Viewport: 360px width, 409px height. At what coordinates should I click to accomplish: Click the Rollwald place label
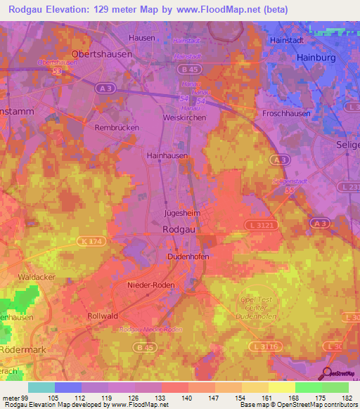[103, 316]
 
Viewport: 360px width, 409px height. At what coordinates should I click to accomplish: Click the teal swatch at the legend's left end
[41, 387]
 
